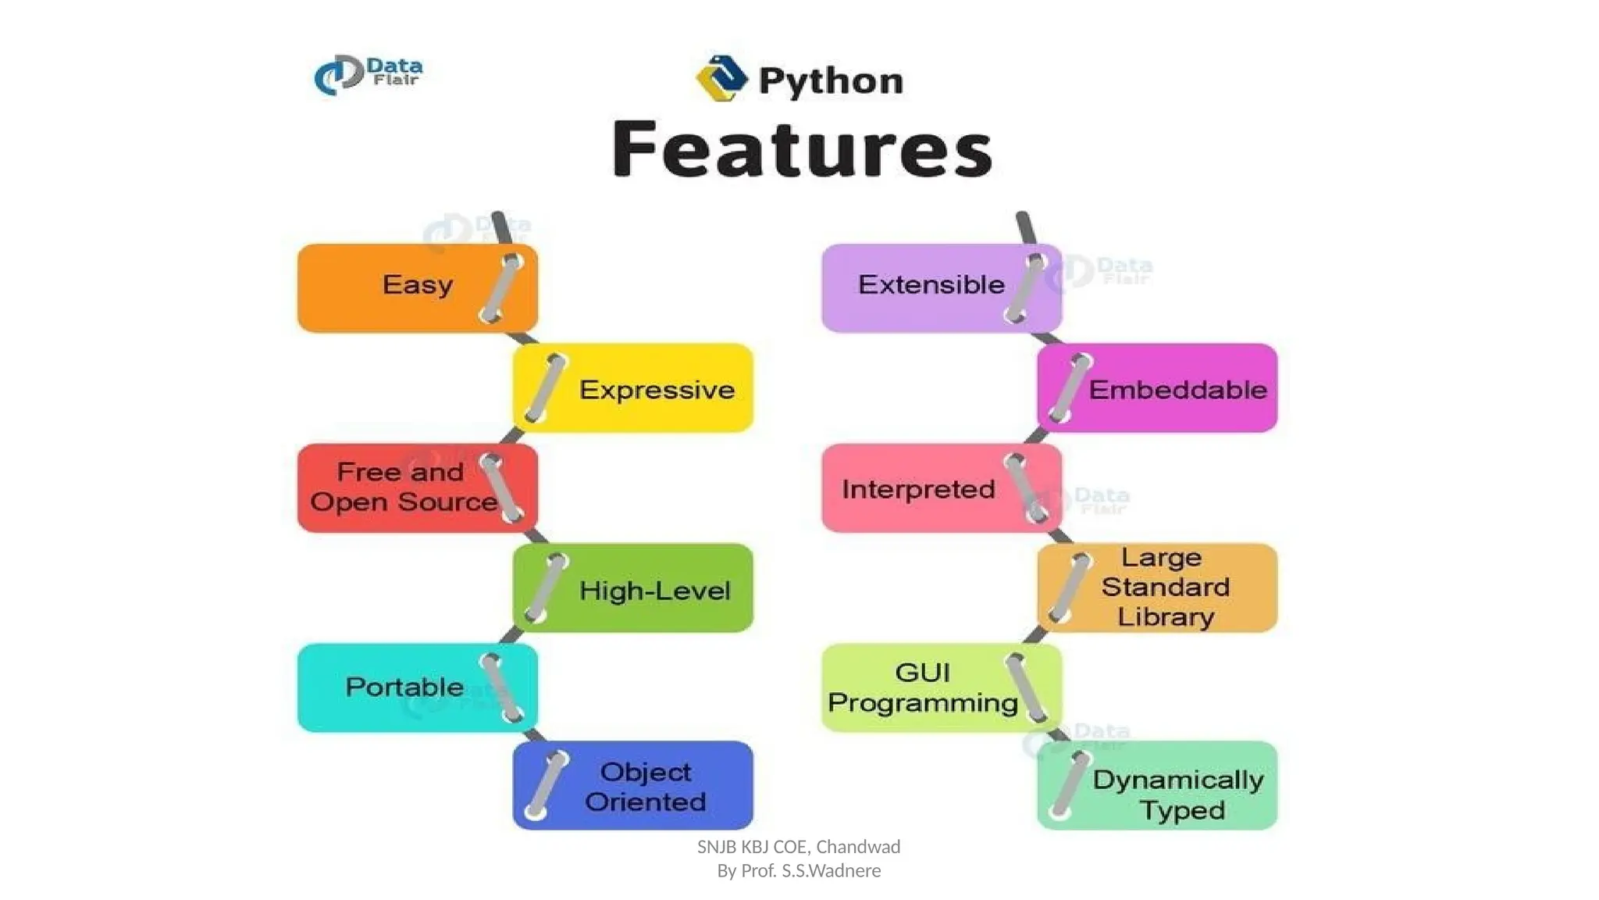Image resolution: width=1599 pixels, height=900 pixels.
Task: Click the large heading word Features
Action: [802, 149]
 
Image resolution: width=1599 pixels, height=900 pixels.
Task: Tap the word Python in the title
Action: [831, 81]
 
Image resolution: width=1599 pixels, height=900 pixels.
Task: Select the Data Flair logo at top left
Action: [369, 75]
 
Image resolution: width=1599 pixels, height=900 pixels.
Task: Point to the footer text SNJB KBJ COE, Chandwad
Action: [799, 847]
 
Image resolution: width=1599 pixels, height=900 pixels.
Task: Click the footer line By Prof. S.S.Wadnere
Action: [799, 870]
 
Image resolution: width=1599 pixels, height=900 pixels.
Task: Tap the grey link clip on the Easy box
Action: [501, 288]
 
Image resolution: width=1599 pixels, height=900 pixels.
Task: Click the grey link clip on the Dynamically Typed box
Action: [1070, 785]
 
